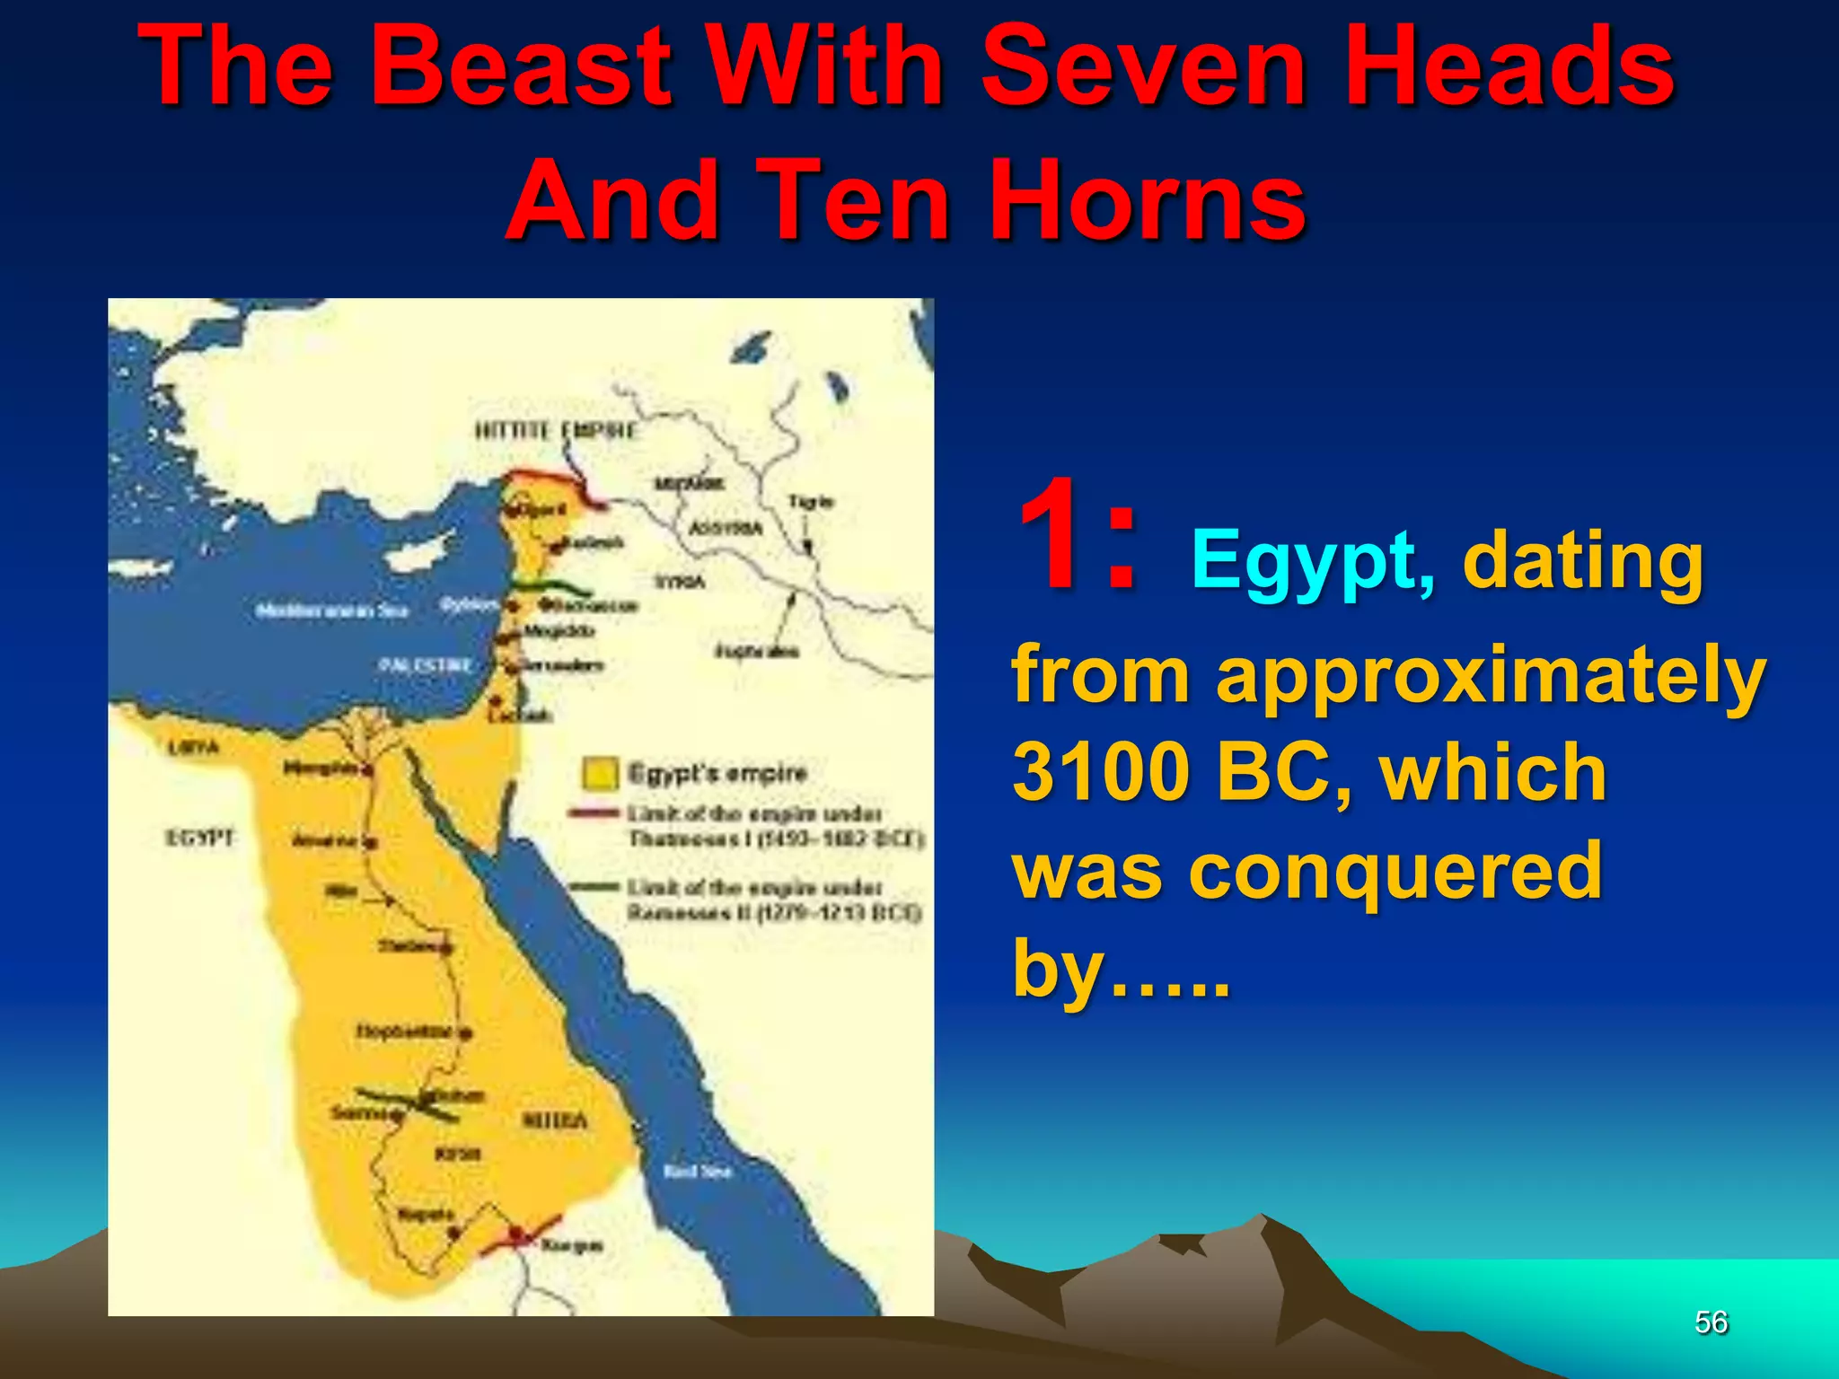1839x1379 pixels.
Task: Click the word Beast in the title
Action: point(527,67)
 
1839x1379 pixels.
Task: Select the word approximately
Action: point(1491,675)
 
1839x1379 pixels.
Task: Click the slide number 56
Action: point(1711,1322)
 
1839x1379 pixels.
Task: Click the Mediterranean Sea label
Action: point(331,611)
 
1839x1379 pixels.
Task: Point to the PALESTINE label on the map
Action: point(425,665)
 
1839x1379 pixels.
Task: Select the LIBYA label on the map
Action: point(193,747)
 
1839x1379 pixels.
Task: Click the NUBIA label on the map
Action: point(554,1120)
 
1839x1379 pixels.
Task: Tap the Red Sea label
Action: point(697,1172)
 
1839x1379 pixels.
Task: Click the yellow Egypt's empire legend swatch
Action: point(600,773)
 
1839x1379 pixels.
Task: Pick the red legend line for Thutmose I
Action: point(594,813)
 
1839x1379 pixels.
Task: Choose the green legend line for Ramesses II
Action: point(594,887)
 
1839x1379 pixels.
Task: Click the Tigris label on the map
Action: point(810,502)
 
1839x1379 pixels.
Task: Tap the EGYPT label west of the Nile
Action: point(199,838)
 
